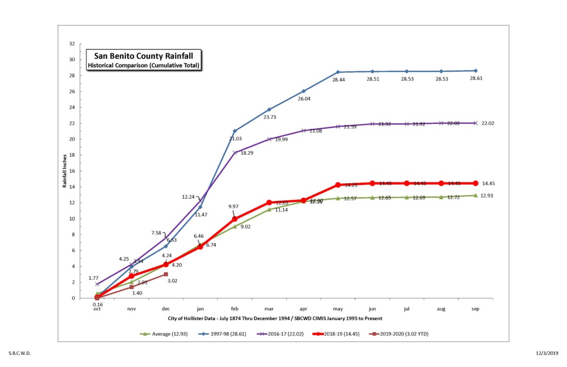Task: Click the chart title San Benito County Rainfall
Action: point(143,56)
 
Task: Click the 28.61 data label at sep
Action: point(476,78)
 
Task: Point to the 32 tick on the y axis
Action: point(72,44)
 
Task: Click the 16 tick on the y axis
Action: point(72,171)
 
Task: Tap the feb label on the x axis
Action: point(235,309)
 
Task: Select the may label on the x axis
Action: point(338,309)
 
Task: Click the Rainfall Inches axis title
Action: point(65,171)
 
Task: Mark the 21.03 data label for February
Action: point(236,139)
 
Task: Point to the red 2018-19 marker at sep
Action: point(476,183)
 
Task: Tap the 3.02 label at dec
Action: point(173,281)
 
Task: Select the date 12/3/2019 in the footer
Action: point(547,354)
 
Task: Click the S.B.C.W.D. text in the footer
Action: point(20,354)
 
